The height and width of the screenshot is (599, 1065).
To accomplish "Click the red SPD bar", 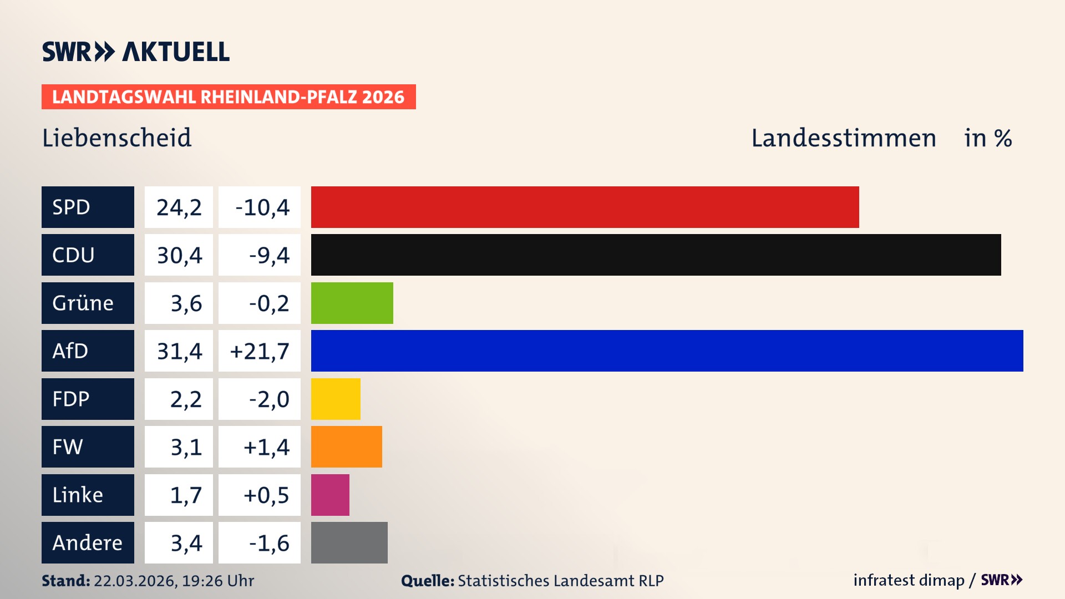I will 585,207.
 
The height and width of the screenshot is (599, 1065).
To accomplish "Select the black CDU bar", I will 656,255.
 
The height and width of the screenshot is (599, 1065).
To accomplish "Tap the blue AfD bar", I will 667,351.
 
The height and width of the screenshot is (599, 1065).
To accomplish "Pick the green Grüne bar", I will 352,303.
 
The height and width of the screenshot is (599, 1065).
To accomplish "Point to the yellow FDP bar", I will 336,399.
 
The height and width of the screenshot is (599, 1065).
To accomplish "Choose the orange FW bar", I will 346,446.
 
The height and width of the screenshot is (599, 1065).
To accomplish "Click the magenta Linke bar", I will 330,495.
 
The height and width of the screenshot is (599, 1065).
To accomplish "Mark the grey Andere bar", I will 349,542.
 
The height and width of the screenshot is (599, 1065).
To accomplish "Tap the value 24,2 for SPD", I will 179,207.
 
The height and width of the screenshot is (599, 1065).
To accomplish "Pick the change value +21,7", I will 260,351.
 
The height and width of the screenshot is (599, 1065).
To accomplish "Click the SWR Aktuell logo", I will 135,52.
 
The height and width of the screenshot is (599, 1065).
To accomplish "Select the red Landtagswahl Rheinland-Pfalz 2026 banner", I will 229,97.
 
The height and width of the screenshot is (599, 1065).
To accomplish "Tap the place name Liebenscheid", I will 117,138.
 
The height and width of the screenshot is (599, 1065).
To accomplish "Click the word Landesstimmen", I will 843,138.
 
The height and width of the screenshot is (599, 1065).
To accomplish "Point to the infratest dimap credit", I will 909,580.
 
